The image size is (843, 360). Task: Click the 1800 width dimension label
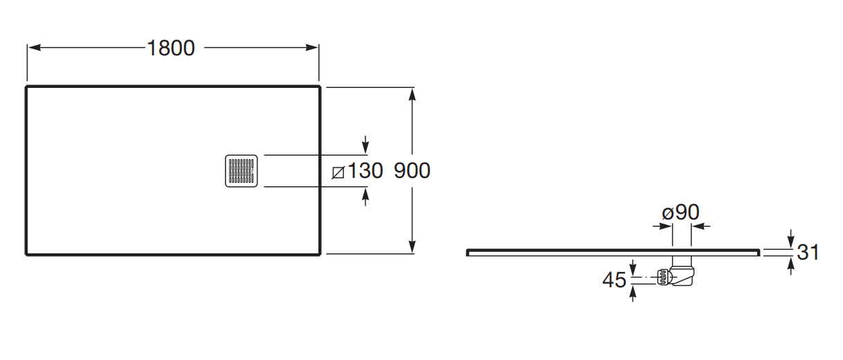(171, 48)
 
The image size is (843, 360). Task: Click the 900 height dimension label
(412, 170)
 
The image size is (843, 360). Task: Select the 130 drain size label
(365, 170)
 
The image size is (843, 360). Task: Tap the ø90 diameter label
(680, 212)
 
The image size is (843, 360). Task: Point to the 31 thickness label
(808, 252)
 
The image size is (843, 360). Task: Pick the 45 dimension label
(614, 280)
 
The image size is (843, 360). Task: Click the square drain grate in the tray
(242, 171)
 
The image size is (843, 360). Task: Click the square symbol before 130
(338, 172)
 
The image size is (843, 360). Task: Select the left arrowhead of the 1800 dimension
(35, 48)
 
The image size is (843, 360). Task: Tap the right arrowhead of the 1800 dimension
(311, 48)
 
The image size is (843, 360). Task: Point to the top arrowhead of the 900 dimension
(412, 95)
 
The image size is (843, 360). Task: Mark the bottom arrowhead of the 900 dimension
(412, 246)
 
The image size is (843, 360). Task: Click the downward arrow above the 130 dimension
(365, 145)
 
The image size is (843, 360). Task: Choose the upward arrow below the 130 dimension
(365, 197)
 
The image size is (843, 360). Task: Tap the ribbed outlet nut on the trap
(663, 278)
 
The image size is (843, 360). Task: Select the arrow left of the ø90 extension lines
(662, 226)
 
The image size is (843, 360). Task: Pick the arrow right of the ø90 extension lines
(700, 226)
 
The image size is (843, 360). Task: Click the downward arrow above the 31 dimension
(790, 239)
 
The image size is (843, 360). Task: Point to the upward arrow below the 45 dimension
(633, 294)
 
